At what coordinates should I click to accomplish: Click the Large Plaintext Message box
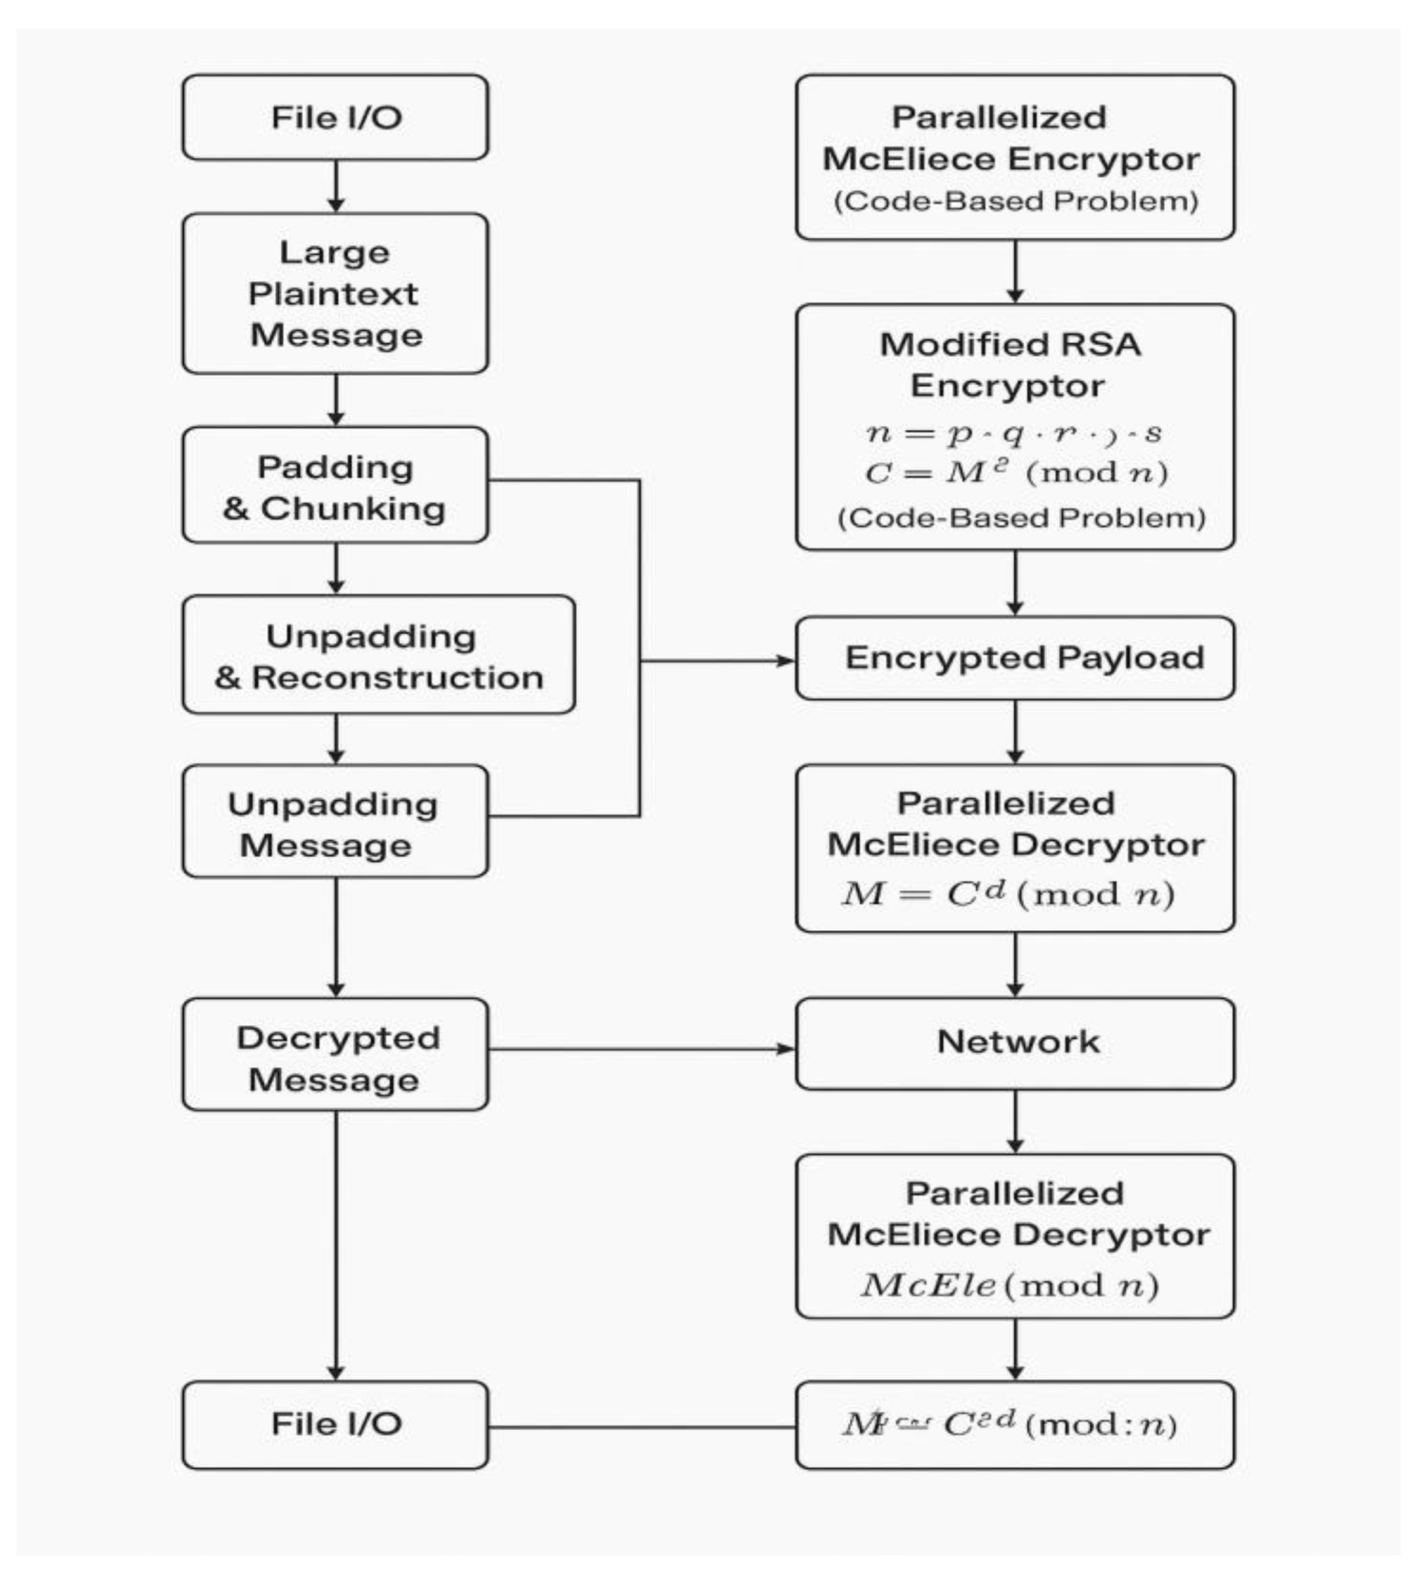pyautogui.click(x=335, y=293)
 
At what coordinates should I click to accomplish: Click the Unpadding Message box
pyautogui.click(x=335, y=824)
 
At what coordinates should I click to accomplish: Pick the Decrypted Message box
pyautogui.click(x=335, y=1058)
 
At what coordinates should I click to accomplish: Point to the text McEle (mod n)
pyautogui.click(x=1009, y=1286)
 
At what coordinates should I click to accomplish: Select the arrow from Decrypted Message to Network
pyautogui.click(x=640, y=1049)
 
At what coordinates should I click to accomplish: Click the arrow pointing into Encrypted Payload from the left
pyautogui.click(x=718, y=662)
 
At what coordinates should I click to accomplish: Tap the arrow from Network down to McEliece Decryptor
pyautogui.click(x=1015, y=1121)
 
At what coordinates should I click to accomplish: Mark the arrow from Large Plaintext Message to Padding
pyautogui.click(x=336, y=400)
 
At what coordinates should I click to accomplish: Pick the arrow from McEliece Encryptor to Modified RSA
pyautogui.click(x=1015, y=272)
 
